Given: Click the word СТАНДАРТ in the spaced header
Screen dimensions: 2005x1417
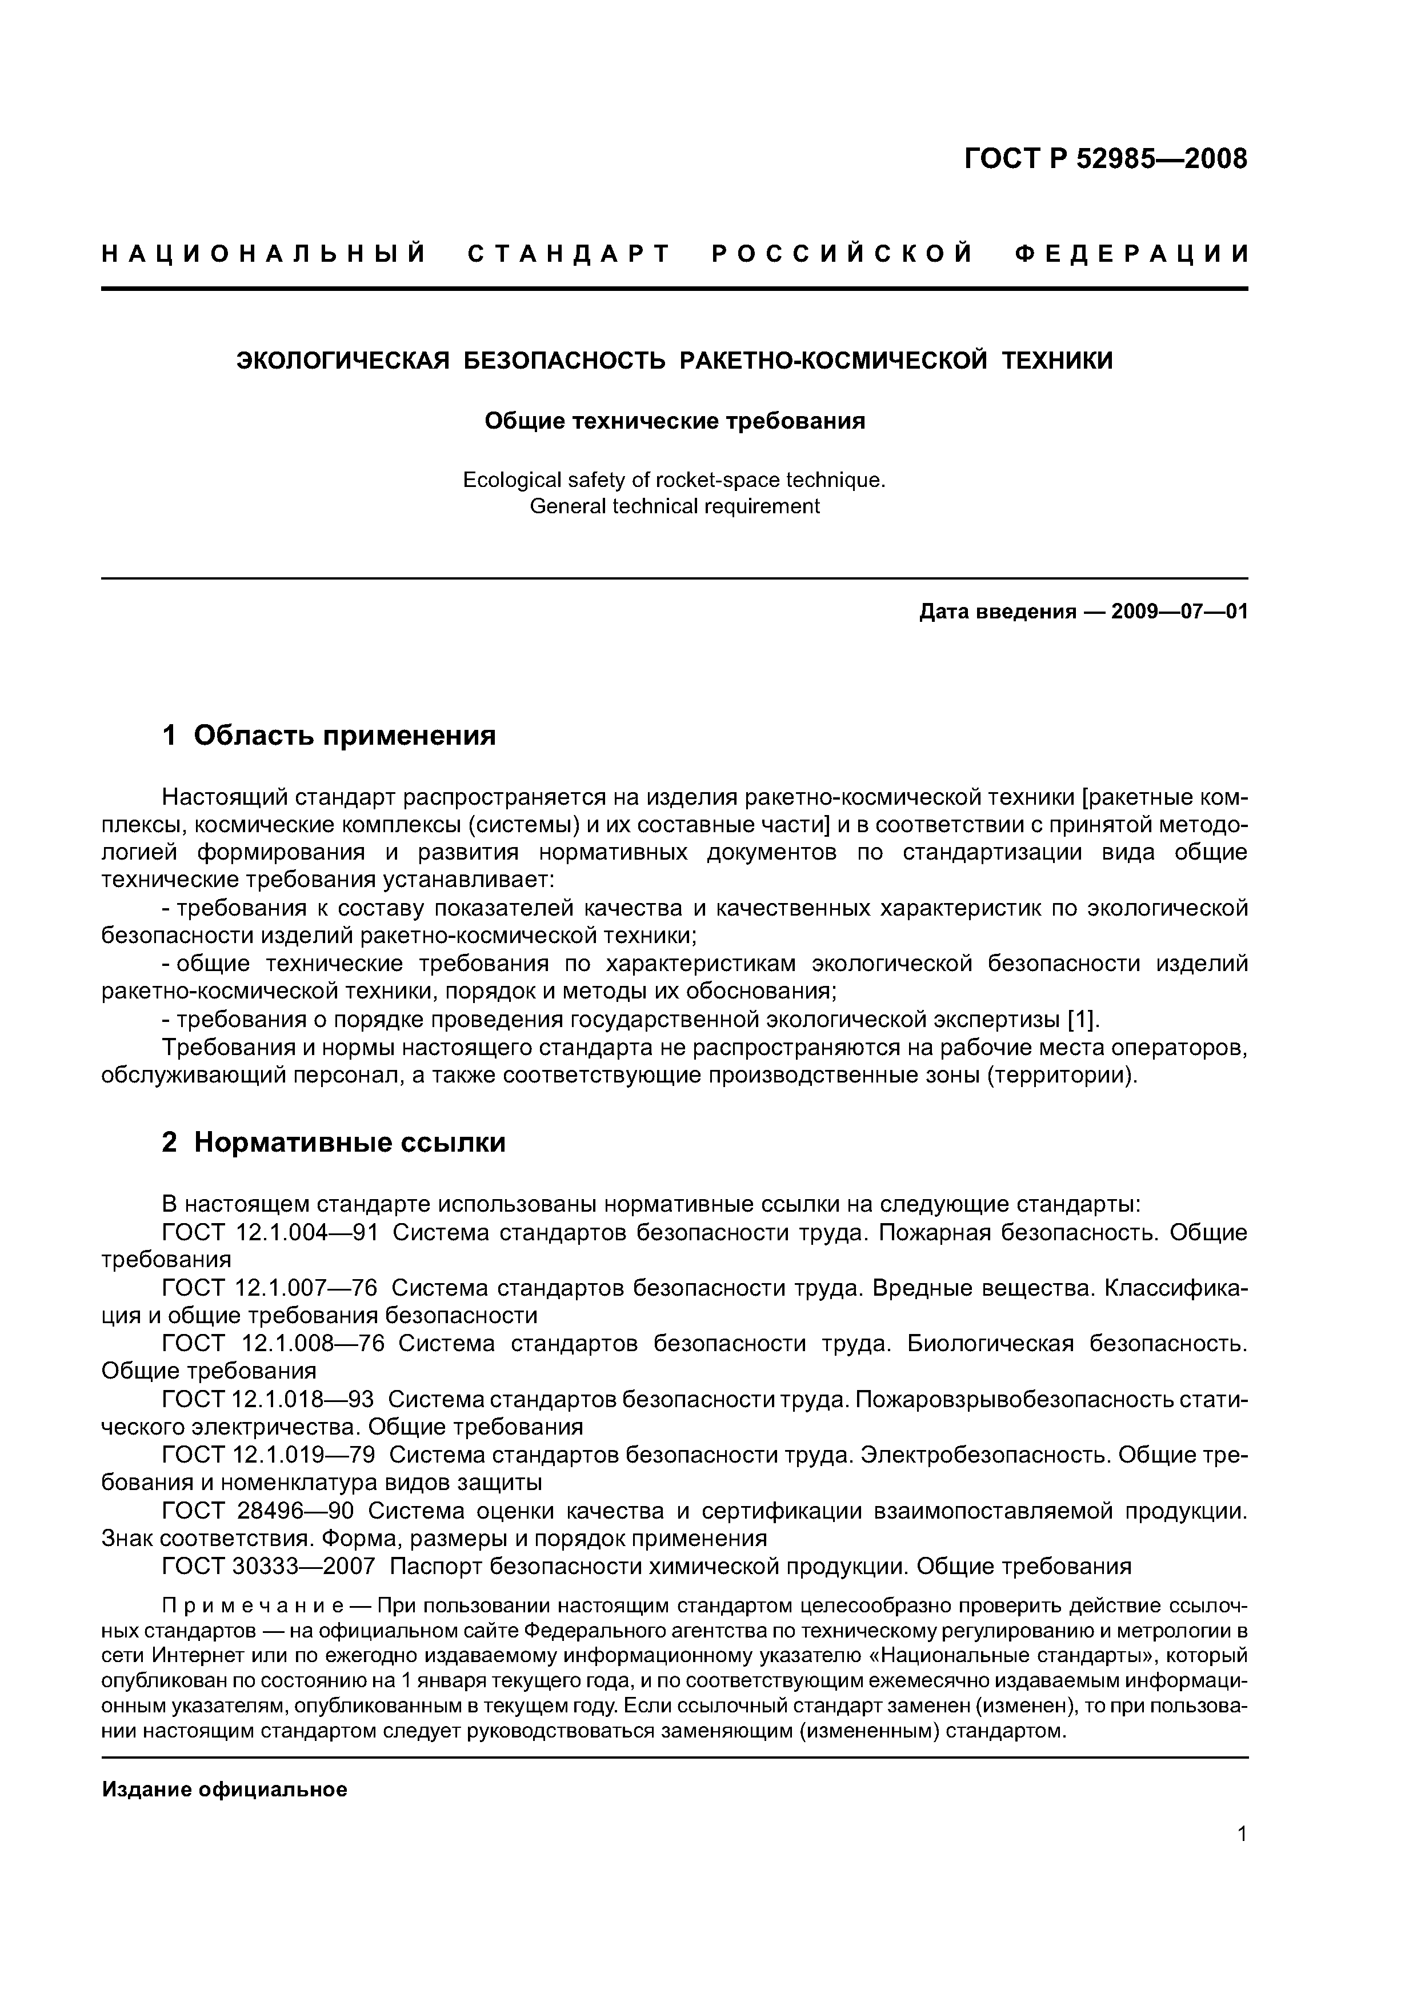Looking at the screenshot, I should tap(569, 254).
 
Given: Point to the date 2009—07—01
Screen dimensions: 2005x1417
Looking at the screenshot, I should tap(1179, 612).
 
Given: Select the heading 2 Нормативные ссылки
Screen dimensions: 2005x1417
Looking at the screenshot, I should tap(334, 1141).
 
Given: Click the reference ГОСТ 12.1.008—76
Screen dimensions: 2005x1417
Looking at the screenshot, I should tap(273, 1343).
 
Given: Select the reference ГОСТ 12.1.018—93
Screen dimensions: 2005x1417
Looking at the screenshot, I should tap(267, 1399).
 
